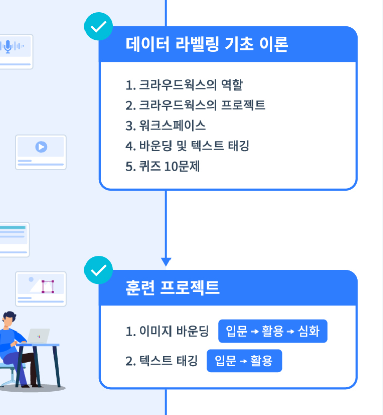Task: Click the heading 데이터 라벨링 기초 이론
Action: [207, 45]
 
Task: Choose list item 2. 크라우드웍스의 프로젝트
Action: [195, 105]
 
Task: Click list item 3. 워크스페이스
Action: [165, 126]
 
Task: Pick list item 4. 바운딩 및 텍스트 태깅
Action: [187, 146]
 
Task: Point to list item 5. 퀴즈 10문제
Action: [163, 166]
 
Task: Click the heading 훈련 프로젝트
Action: [172, 287]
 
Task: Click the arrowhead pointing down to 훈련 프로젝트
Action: [166, 262]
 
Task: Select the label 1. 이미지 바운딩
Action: [167, 331]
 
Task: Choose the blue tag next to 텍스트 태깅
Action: [244, 361]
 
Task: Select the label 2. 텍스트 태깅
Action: [161, 361]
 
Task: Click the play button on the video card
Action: [41, 147]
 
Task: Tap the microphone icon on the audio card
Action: [8, 47]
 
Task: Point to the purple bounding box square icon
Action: [48, 286]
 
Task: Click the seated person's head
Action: [9, 318]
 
